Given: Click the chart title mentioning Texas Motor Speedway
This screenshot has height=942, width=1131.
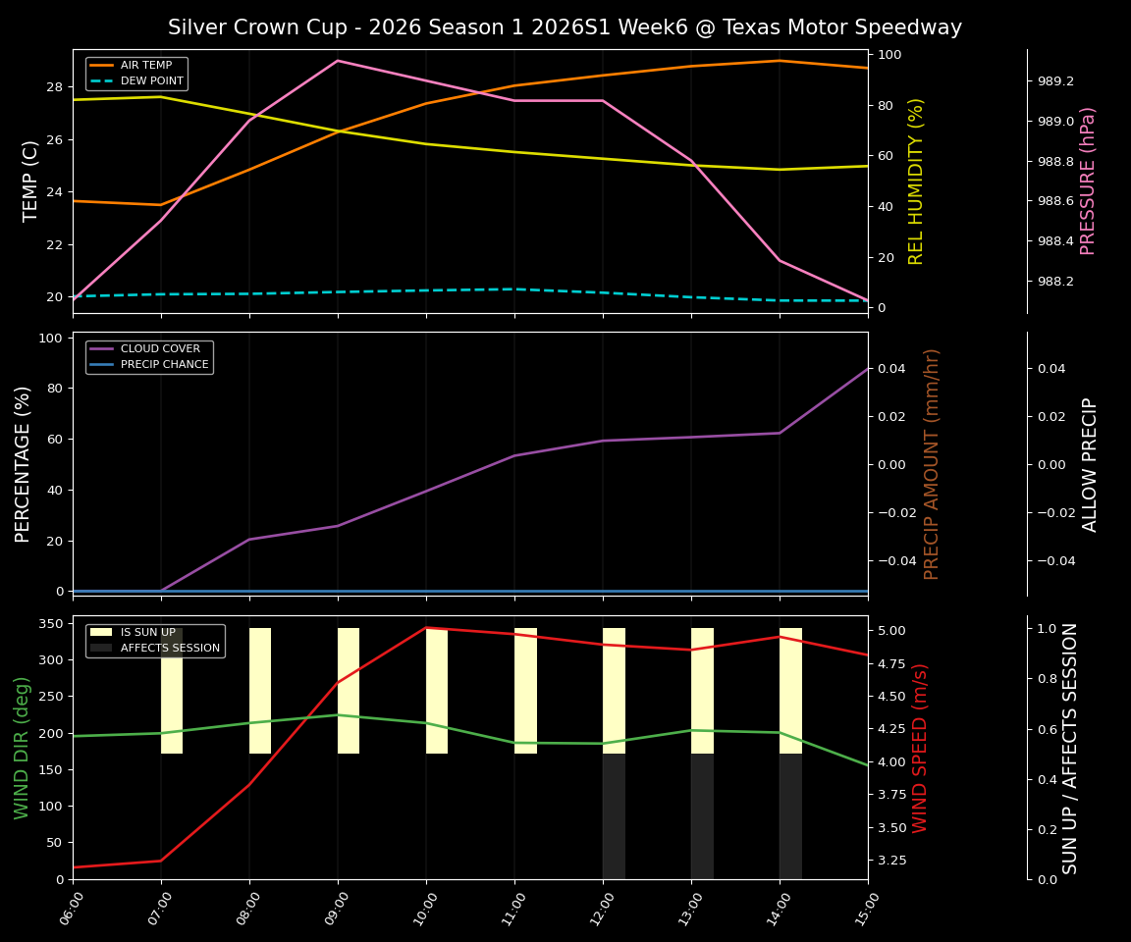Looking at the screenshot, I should tap(565, 27).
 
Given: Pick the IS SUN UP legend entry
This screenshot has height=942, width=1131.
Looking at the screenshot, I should tap(147, 633).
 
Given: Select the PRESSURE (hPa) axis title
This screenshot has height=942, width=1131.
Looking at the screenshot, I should tap(1088, 181).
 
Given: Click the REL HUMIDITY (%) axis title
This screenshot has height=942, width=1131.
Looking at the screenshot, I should tap(917, 181).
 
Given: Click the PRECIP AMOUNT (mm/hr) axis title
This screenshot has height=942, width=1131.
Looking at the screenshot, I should tap(932, 463).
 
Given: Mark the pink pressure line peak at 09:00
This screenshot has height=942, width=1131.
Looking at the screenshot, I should tap(338, 61).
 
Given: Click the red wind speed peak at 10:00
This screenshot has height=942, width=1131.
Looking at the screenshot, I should tap(426, 628).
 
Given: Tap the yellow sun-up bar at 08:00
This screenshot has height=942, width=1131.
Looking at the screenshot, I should tap(260, 691).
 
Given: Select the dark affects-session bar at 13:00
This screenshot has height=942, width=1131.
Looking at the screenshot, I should tap(702, 816).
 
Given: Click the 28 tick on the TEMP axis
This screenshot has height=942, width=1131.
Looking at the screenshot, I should tap(55, 87).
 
